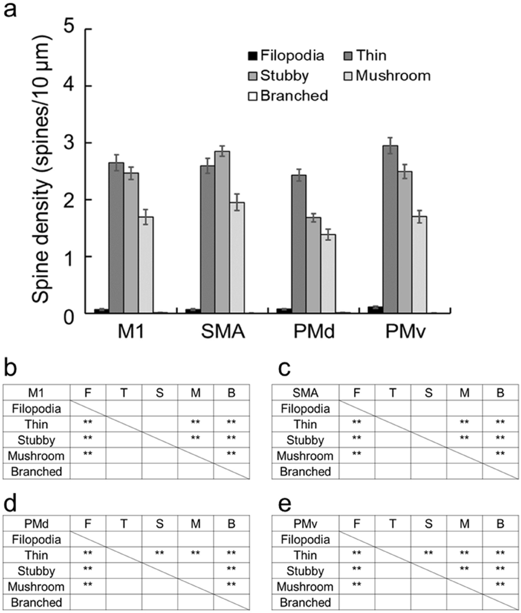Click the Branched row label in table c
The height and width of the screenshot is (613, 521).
click(304, 471)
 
